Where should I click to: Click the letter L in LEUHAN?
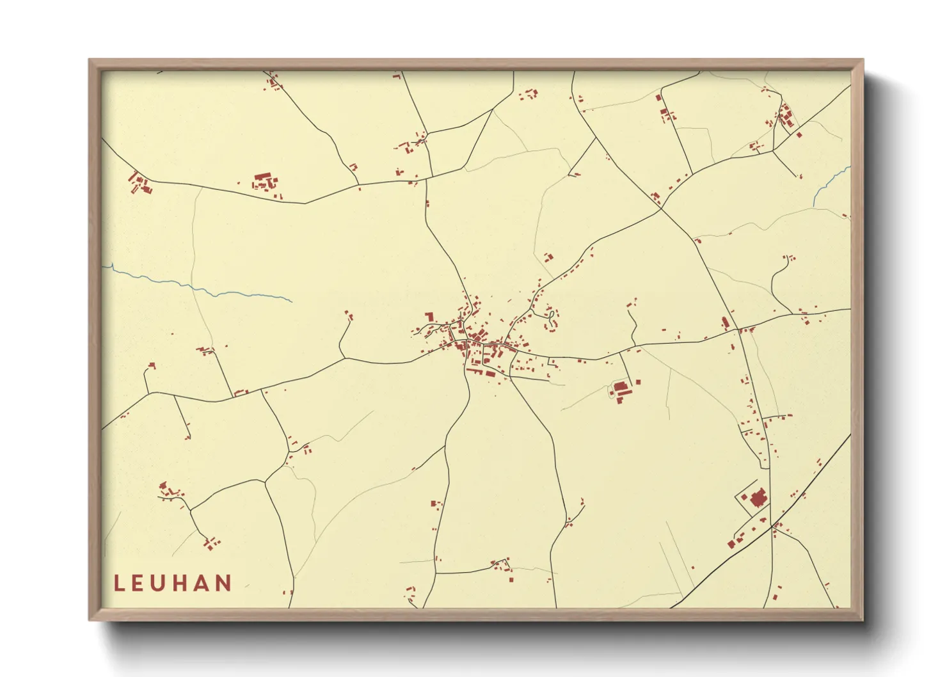coord(119,583)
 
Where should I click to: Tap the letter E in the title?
coord(139,583)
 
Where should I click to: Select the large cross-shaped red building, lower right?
coord(758,497)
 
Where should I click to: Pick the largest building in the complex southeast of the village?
coord(620,386)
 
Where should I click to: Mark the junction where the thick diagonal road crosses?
coord(772,525)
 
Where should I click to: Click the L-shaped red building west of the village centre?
coord(429,316)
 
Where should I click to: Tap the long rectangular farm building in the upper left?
coord(263,177)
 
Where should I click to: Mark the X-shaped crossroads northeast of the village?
coord(661,208)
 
